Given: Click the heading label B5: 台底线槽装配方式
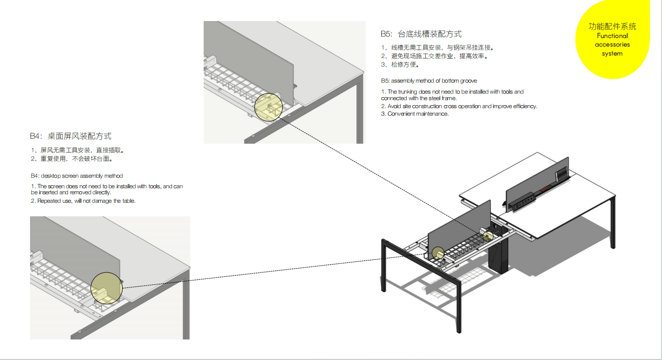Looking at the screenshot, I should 421,34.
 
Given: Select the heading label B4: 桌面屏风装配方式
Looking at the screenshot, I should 71,136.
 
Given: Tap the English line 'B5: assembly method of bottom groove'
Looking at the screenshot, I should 429,81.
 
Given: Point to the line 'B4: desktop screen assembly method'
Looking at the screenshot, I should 77,176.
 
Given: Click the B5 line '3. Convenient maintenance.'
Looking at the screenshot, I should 415,114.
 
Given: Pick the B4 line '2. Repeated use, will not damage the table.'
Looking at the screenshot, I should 83,201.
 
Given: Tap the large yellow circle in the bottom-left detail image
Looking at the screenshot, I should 107,288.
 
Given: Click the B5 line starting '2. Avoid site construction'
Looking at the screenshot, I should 459,106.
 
